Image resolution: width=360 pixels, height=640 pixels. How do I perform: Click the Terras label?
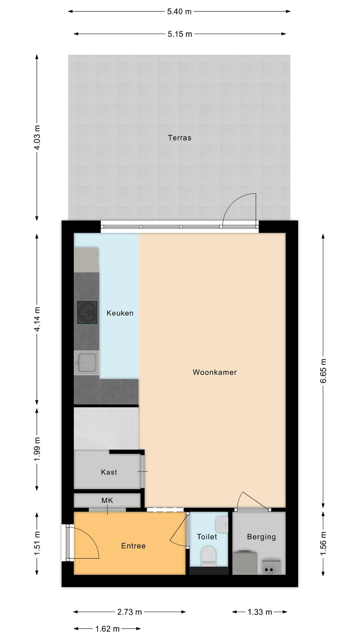pos(180,138)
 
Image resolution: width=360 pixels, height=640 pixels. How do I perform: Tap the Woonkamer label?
pos(214,372)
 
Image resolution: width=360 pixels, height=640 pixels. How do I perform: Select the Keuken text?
pos(120,313)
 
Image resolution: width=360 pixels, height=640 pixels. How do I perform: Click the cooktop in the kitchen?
pos(87,312)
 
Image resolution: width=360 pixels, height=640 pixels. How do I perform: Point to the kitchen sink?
pos(86,362)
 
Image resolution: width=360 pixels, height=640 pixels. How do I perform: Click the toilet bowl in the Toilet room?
pos(208,556)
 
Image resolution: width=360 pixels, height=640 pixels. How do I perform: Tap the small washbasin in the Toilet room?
pos(222,524)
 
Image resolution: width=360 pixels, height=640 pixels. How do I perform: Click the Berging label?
pos(262,537)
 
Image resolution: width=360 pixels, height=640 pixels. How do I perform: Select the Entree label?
pos(134,546)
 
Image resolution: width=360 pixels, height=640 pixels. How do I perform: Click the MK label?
pos(107,500)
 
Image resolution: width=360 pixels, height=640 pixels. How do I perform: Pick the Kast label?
pos(109,472)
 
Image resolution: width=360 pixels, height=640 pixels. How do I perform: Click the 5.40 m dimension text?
pos(179,12)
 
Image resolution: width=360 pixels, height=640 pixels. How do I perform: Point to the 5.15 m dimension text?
pos(180,34)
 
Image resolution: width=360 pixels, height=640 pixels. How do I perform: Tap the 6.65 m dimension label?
pos(323,371)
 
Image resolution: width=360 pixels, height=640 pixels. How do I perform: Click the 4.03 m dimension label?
pos(37,138)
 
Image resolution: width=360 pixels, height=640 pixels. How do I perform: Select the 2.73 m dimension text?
pos(130,612)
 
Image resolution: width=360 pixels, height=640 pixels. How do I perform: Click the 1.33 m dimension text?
pos(260,612)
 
